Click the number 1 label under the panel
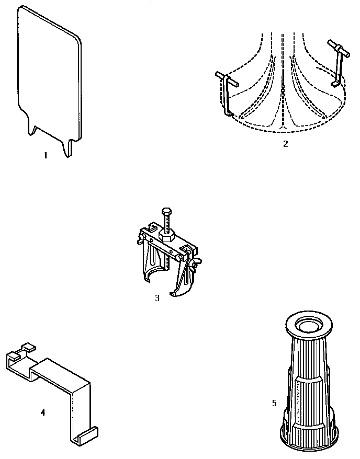[46, 155]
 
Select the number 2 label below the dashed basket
[285, 144]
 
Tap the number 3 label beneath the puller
[157, 298]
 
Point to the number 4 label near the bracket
[43, 412]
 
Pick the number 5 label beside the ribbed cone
[274, 403]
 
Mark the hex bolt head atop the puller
[166, 212]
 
